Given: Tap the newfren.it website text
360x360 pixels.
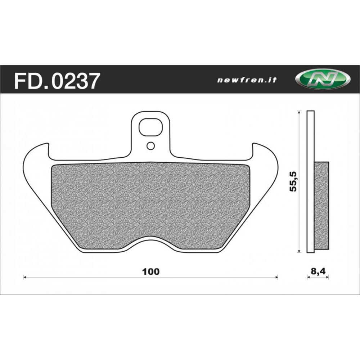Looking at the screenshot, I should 247,80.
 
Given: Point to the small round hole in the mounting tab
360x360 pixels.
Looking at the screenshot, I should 151,146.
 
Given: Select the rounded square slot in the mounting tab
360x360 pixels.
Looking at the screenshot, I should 151,127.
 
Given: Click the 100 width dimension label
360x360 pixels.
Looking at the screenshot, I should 150,271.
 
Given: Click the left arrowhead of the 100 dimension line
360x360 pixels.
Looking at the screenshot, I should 24,277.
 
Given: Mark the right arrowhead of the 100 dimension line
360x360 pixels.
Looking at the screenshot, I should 277,277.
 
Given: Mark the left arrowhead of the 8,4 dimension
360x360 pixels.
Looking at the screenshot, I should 308,277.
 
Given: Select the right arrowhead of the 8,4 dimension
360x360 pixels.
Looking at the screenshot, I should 328,277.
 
